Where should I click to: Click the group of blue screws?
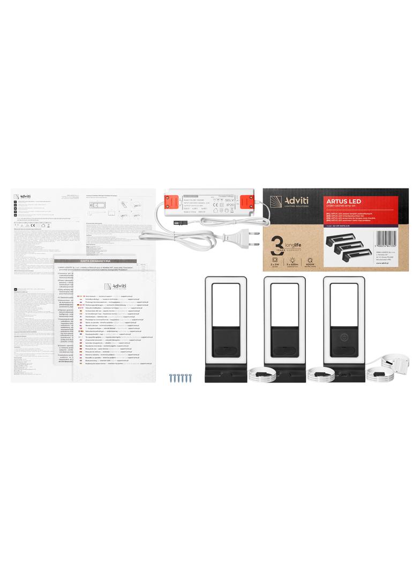[x=181, y=377]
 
